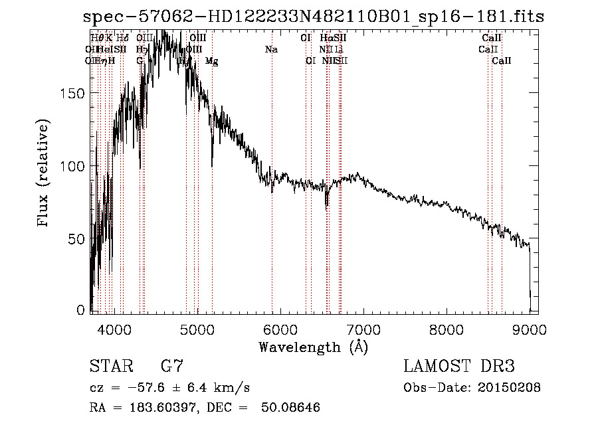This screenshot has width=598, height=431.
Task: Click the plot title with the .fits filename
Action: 313,17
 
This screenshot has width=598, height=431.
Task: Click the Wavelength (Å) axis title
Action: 313,347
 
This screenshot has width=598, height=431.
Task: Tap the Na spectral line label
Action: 271,49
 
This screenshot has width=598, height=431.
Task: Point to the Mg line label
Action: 211,61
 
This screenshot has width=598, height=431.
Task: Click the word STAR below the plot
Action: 110,367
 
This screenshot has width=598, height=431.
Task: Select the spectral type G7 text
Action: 171,367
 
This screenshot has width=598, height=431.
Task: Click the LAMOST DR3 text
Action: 459,367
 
